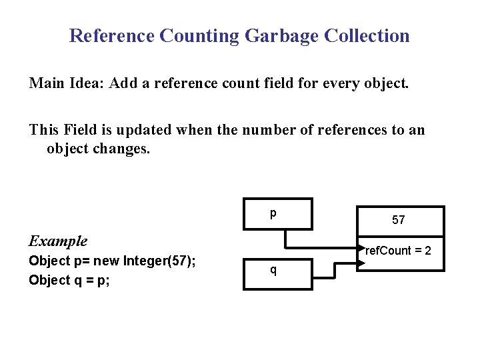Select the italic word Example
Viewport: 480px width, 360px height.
coord(58,241)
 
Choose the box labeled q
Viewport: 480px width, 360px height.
coord(278,273)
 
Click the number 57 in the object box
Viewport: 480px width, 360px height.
coord(399,220)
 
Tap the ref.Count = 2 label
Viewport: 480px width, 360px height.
coord(399,251)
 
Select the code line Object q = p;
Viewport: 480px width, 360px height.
coord(69,280)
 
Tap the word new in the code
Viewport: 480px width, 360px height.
coord(103,261)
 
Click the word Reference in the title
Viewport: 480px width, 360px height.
coord(111,35)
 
